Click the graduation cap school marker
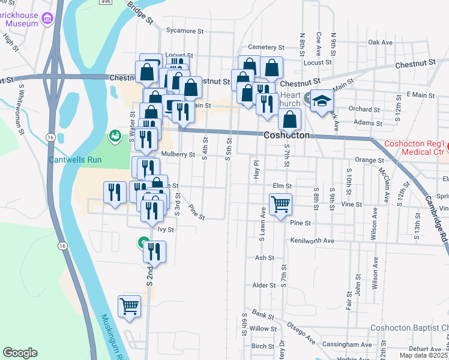322,101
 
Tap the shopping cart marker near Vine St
281,205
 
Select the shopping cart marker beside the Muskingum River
130,306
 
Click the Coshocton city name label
287,136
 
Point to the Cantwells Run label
75,160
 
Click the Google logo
20,353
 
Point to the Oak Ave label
380,43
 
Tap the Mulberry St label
178,154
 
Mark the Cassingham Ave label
349,345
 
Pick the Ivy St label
165,229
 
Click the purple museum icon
47,20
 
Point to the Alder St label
264,286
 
